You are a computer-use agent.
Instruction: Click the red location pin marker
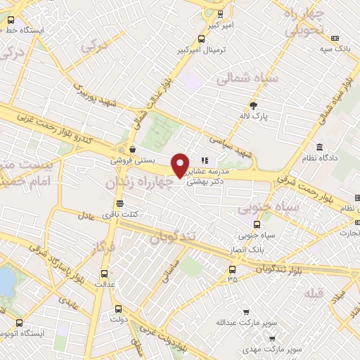(181, 164)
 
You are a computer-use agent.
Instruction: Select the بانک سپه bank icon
(335, 38)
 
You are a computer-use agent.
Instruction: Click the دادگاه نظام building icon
(320, 148)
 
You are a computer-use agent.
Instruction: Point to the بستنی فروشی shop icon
(132, 149)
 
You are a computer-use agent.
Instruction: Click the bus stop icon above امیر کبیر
(221, 13)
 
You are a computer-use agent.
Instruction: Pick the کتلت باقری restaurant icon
(120, 202)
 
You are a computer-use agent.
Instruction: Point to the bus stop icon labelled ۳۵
(232, 269)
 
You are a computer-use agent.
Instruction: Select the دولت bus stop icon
(117, 308)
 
